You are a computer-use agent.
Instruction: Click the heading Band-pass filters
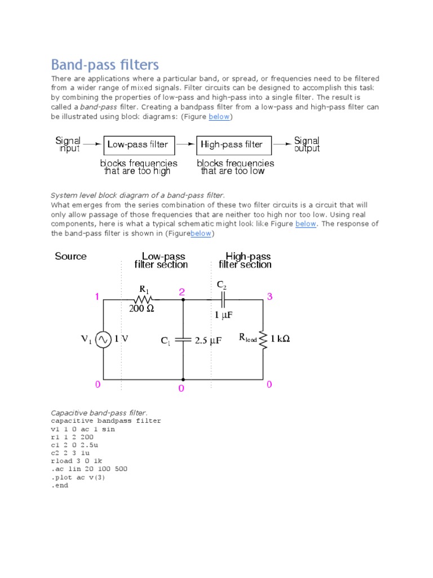click(x=105, y=65)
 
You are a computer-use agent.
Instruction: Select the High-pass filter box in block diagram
click(x=233, y=144)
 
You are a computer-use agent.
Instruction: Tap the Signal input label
click(x=68, y=144)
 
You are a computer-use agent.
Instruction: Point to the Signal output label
click(x=307, y=144)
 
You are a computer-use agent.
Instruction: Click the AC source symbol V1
click(x=103, y=339)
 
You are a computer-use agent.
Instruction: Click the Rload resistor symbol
click(x=263, y=339)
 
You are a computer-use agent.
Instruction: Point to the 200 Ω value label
click(x=142, y=309)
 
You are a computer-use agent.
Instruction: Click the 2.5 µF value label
click(x=207, y=340)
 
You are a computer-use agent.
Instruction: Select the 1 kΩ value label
click(x=280, y=339)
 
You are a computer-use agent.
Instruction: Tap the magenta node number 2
click(x=182, y=292)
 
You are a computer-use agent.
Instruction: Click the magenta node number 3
click(x=269, y=296)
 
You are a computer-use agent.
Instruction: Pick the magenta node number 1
click(x=97, y=296)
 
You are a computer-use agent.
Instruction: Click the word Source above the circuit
click(x=71, y=256)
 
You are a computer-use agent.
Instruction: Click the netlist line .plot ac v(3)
click(x=78, y=477)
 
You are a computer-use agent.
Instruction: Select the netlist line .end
click(x=59, y=485)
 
